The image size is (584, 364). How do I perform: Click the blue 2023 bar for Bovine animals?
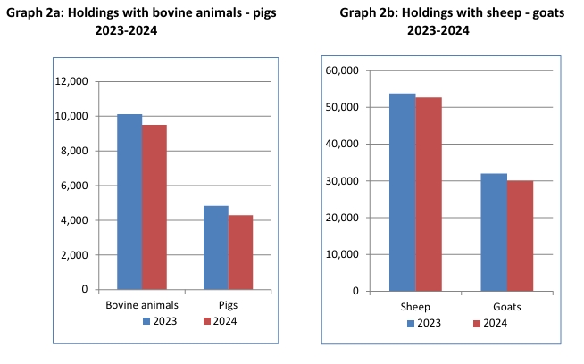tap(129, 202)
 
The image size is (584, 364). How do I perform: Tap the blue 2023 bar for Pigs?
tap(216, 247)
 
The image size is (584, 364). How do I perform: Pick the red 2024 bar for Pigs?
tap(240, 252)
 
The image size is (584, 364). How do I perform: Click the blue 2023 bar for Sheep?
tap(402, 192)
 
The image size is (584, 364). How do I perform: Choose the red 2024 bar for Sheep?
tap(428, 194)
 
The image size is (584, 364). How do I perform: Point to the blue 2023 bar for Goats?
tap(494, 232)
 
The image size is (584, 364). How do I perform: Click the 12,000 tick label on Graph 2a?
tap(71, 81)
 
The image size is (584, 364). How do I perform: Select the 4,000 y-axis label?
tap(73, 220)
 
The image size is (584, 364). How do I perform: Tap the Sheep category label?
tap(414, 308)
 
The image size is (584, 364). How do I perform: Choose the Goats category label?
tap(506, 308)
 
